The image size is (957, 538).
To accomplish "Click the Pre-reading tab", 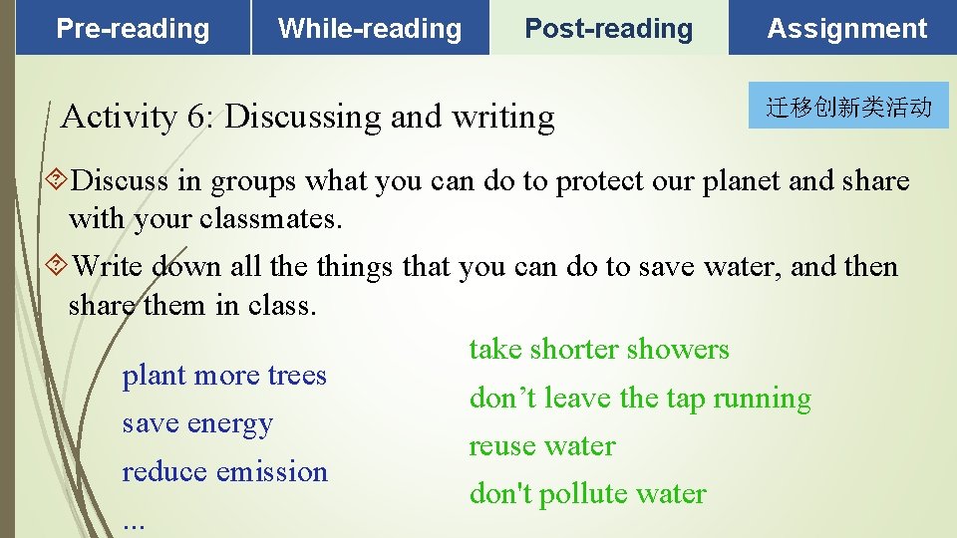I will click(x=133, y=29).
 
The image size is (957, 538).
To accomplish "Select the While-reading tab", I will click(x=370, y=29).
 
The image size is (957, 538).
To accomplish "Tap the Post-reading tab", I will click(x=608, y=29).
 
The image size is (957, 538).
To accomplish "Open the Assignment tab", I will click(x=847, y=29).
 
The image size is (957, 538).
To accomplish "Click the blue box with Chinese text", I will click(x=848, y=107).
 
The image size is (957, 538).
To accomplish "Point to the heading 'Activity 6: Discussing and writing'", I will click(x=307, y=118).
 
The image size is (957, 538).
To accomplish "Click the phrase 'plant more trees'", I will click(x=224, y=376).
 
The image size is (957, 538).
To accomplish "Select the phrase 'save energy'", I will click(x=197, y=423).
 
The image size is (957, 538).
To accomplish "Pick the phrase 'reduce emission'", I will click(x=224, y=471).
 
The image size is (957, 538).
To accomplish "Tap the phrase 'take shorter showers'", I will click(x=599, y=350).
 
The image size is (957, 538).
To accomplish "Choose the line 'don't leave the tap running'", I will click(x=640, y=399).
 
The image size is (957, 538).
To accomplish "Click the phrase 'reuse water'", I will click(x=542, y=446).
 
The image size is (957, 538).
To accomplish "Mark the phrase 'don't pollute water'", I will click(x=587, y=494).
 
